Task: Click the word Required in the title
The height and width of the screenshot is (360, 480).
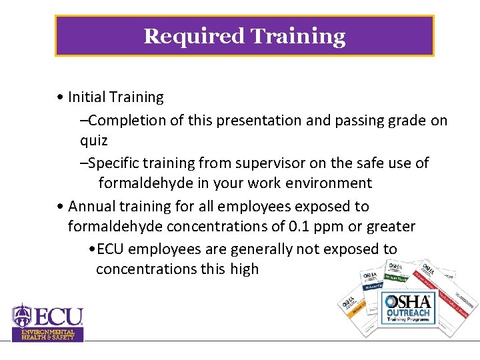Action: tap(195, 36)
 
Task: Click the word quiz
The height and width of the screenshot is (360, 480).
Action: tap(93, 141)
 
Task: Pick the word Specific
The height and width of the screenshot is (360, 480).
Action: tap(115, 163)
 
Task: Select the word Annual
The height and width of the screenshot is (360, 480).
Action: tap(91, 207)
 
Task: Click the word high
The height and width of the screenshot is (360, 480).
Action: tap(243, 269)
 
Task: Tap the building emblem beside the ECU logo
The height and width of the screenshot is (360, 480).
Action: tap(22, 315)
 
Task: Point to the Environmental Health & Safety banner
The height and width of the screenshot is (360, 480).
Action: tap(48, 335)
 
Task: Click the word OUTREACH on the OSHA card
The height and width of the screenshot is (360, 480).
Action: tap(408, 312)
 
